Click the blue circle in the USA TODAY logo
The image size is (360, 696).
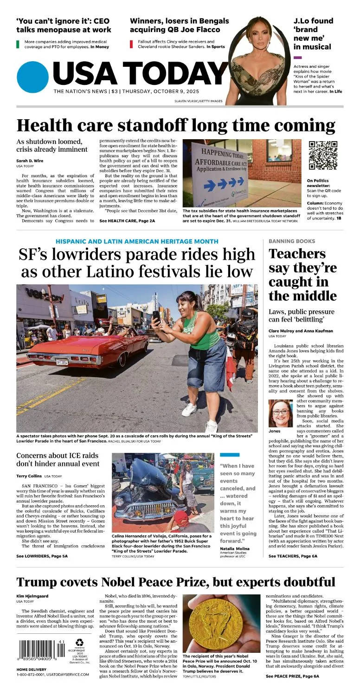pyautogui.click(x=32, y=77)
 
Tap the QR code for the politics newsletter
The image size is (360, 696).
pyautogui.click(x=323, y=155)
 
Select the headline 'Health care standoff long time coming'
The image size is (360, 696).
pyautogui.click(x=176, y=126)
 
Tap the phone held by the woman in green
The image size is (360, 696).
pyautogui.click(x=156, y=317)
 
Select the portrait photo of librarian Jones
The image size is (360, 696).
pyautogui.click(x=281, y=413)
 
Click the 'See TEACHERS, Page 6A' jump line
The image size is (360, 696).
pyautogui.click(x=293, y=556)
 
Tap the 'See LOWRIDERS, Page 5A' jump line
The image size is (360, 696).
pyautogui.click(x=42, y=556)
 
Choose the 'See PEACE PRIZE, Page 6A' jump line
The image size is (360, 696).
pyautogui.click(x=292, y=676)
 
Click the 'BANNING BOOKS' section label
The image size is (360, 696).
pyautogui.click(x=292, y=241)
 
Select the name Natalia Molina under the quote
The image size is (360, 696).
pyautogui.click(x=235, y=548)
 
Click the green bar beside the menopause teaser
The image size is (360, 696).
pyautogui.click(x=18, y=45)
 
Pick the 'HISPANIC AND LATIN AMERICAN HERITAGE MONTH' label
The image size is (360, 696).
pyautogui.click(x=137, y=241)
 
